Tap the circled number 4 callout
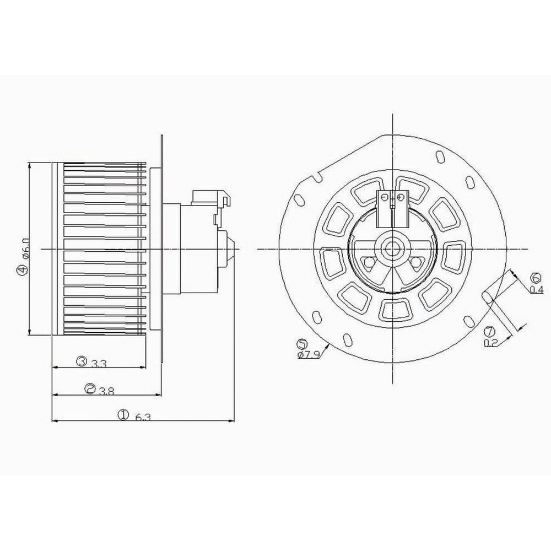pos(21,269)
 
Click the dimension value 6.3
pos(142,417)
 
